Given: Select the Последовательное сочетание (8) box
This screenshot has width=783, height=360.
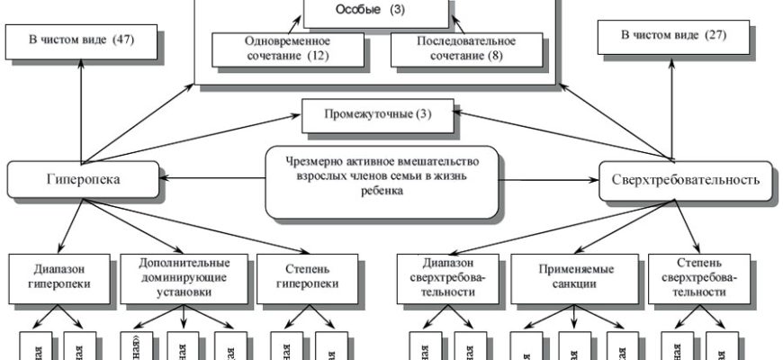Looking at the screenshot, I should tap(466, 49).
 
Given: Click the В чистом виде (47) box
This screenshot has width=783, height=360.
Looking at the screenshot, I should tap(82, 41).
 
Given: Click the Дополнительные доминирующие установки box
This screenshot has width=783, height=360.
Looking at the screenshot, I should tap(184, 277).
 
